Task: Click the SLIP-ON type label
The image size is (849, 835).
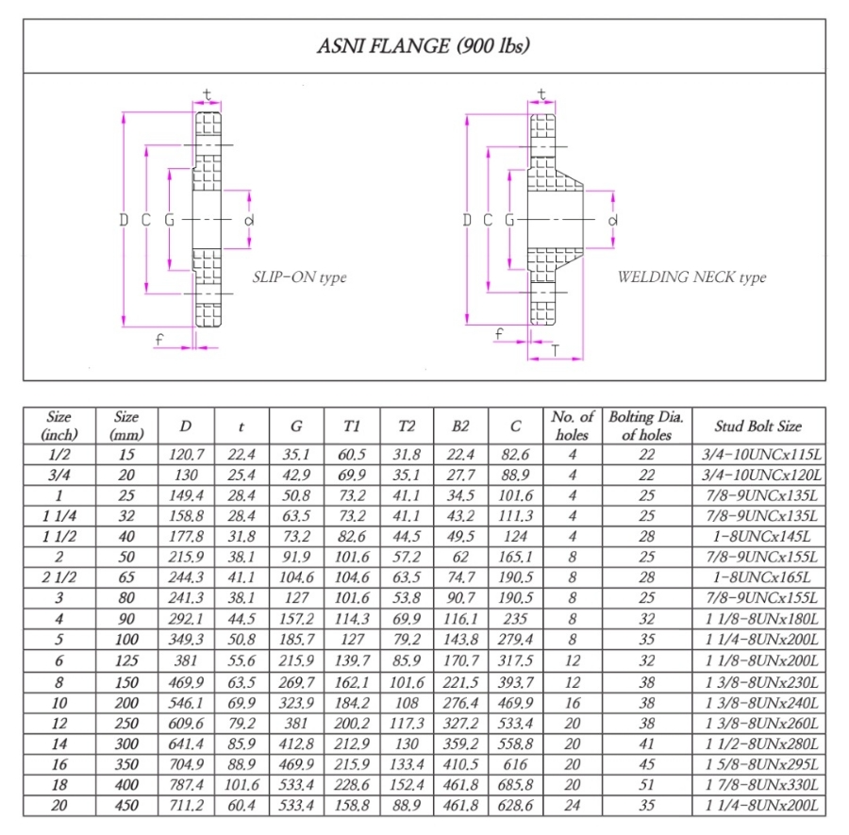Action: tap(299, 277)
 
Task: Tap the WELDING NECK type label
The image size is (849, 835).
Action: tap(691, 277)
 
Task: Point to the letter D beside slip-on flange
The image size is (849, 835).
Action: tap(124, 220)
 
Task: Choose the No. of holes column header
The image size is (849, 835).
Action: tap(573, 426)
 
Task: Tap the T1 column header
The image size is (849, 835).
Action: tap(352, 426)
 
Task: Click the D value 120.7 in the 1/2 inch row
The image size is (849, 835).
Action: tap(186, 455)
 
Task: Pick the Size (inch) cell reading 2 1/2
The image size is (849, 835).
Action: tap(57, 575)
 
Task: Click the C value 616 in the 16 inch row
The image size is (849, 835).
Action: tap(515, 765)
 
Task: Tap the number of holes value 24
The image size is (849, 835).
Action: tap(573, 806)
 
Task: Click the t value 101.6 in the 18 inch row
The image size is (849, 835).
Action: tap(241, 785)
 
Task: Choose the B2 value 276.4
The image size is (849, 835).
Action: tap(461, 704)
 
